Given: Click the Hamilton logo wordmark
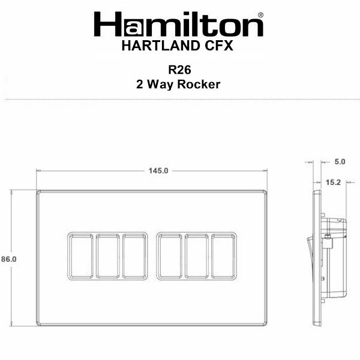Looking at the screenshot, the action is [x=178, y=24].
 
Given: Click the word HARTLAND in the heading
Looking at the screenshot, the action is [x=161, y=46].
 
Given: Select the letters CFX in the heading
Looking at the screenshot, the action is [x=219, y=46].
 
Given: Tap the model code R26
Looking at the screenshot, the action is [x=179, y=70].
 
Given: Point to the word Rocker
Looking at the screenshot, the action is [x=199, y=84].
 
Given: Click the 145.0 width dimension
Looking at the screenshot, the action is [x=158, y=171].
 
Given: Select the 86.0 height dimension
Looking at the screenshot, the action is [x=9, y=259].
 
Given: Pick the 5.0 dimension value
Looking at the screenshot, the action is [x=340, y=161].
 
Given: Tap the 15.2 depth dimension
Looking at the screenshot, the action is [x=333, y=182].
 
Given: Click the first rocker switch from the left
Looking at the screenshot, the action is [x=81, y=256].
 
